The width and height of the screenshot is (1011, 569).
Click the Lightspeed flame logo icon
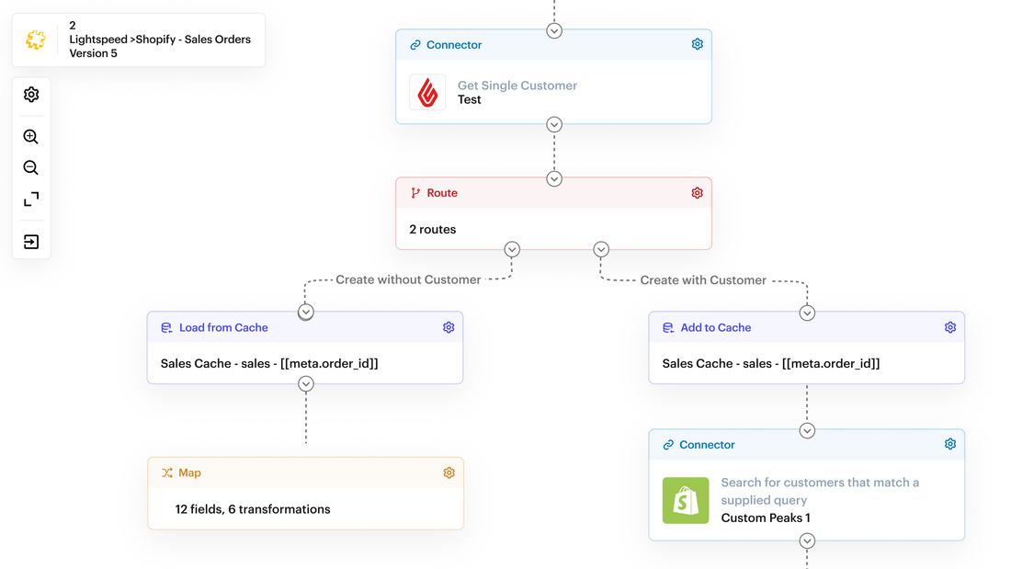(427, 92)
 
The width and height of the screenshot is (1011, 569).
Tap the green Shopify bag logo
(686, 500)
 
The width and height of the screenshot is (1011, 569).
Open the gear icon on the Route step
(697, 193)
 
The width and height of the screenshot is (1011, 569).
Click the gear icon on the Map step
(449, 472)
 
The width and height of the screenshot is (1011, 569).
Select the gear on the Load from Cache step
(449, 327)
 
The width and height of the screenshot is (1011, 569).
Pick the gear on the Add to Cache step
(950, 327)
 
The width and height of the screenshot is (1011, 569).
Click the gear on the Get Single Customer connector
(697, 44)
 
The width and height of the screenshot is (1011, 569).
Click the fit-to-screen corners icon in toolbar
(31, 199)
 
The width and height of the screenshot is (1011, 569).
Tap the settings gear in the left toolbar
(31, 95)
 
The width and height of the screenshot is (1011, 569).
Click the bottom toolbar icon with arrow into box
(31, 242)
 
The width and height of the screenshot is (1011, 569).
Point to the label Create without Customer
(408, 279)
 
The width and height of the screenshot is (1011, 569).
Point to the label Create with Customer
(703, 279)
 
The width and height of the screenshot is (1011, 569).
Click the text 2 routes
(432, 229)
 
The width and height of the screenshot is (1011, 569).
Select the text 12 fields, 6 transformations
(253, 508)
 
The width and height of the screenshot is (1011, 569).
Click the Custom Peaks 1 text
(766, 518)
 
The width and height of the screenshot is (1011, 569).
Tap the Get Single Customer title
(517, 85)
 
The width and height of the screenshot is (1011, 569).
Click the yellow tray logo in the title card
(36, 40)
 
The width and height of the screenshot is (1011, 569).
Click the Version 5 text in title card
(94, 53)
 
